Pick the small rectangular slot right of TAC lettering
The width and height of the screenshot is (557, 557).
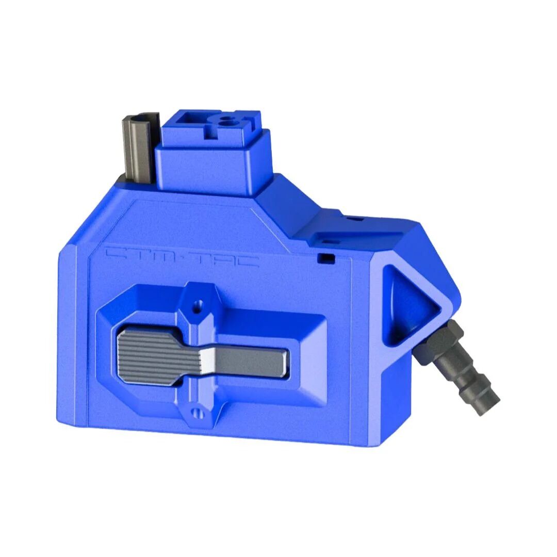point(324,257)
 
